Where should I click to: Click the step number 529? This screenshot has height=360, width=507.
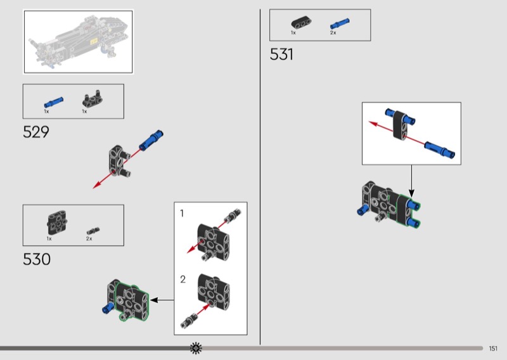click(36, 132)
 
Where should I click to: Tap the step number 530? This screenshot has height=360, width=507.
click(37, 259)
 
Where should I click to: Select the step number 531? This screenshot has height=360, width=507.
click(281, 54)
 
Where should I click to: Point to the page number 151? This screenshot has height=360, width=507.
click(493, 349)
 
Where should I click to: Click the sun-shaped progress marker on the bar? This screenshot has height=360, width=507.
click(196, 348)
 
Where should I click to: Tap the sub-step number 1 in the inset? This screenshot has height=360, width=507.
click(182, 213)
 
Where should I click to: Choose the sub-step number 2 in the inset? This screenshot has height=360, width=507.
click(183, 279)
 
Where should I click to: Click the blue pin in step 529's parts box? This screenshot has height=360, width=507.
click(54, 102)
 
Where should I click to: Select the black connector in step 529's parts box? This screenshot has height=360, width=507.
click(93, 99)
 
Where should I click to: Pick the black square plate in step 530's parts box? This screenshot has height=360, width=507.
click(58, 223)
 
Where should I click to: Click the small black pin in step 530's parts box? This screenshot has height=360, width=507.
click(93, 231)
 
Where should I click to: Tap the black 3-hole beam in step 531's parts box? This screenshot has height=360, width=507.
click(301, 23)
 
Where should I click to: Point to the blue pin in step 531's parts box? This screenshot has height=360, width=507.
click(340, 24)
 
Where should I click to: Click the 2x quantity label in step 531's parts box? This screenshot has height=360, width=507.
click(333, 33)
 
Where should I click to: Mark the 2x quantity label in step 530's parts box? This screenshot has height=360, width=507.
click(89, 239)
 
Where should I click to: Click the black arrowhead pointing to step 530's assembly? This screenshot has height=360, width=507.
click(154, 300)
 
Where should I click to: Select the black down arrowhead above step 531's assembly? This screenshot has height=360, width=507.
click(411, 193)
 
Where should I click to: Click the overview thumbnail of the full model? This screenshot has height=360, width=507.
click(78, 42)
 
